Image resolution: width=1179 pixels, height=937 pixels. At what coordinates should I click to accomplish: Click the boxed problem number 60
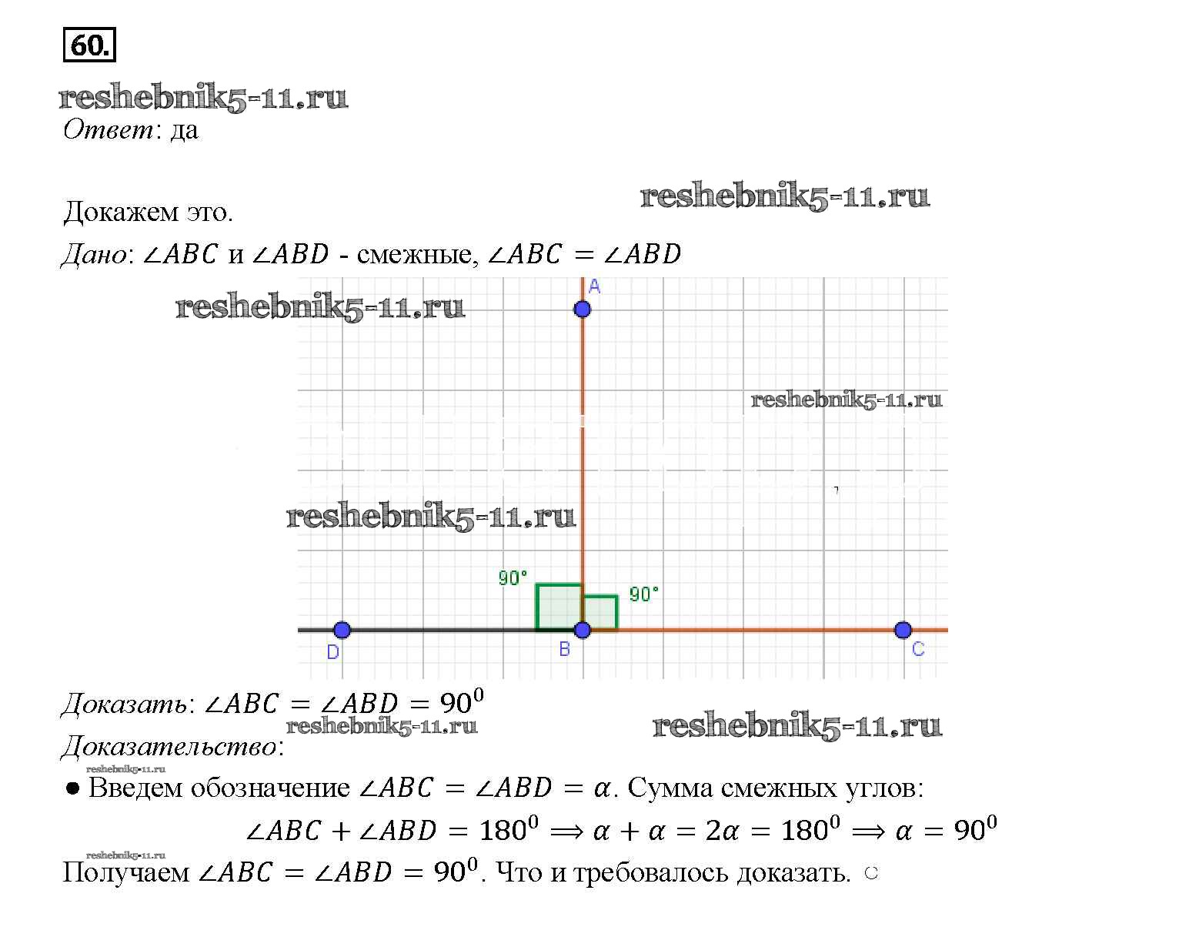coord(89,45)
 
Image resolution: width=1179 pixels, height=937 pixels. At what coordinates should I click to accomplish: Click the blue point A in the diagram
coord(582,310)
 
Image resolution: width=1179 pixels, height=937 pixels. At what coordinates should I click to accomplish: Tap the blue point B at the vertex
coord(582,630)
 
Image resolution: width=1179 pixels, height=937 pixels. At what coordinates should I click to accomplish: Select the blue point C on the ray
coord(903,630)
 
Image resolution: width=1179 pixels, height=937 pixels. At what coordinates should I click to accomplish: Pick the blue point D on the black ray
coord(342,630)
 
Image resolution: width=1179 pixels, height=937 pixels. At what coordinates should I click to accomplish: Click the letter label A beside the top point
coord(594,286)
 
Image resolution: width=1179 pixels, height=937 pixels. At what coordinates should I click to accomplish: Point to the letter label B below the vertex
coord(564,649)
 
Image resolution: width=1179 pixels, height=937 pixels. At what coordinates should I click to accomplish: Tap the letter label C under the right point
coord(918,649)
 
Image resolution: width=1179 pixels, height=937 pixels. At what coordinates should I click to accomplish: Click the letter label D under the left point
coord(332,652)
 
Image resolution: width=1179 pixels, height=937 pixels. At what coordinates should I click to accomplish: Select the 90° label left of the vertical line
coord(513,578)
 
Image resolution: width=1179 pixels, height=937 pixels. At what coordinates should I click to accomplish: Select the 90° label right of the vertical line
coord(643,594)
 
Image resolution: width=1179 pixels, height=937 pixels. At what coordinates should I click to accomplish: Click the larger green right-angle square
coord(537,607)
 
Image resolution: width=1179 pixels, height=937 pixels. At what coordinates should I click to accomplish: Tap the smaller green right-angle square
coord(617,612)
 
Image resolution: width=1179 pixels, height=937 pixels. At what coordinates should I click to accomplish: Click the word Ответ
coord(108,130)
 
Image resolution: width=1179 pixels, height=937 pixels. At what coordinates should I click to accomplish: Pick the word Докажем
coord(121,212)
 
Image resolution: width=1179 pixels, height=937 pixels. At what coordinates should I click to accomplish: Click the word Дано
coord(94,254)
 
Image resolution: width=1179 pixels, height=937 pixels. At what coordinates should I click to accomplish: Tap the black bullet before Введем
coord(72,789)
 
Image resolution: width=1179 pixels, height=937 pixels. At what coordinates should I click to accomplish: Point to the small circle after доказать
coord(871,873)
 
